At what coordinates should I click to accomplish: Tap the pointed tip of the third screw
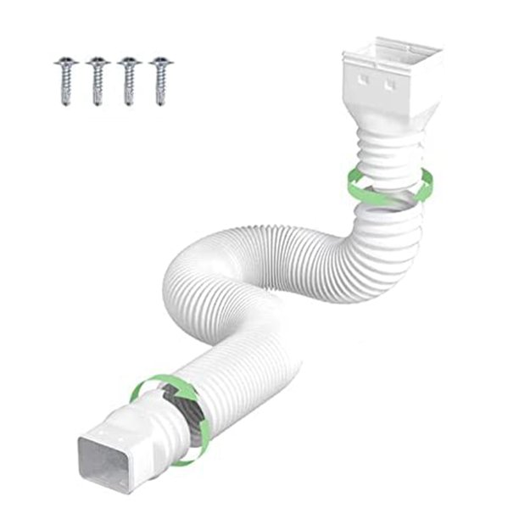(x=128, y=104)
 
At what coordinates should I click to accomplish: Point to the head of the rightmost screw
(x=159, y=62)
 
